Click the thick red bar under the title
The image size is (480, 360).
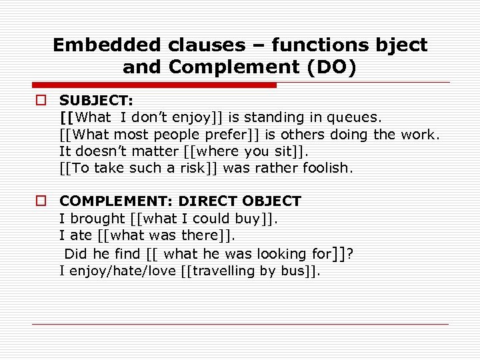click(153, 85)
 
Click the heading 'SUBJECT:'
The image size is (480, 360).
click(97, 101)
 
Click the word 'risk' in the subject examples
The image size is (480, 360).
click(194, 168)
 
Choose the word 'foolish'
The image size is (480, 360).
click(325, 168)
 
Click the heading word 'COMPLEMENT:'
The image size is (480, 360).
click(116, 201)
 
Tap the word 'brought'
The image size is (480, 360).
click(96, 218)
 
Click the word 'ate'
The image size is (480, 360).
click(80, 235)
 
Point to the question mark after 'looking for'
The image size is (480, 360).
click(350, 253)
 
